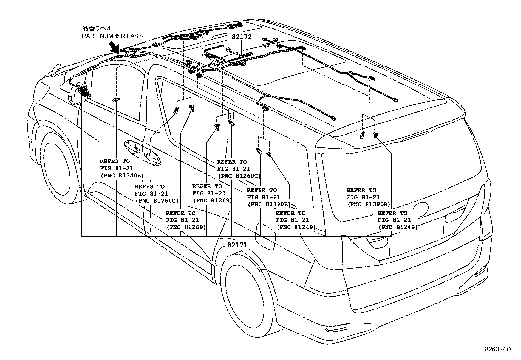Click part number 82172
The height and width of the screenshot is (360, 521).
(x=242, y=37)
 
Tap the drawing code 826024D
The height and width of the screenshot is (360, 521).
(x=497, y=349)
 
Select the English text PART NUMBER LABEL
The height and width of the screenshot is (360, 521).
(x=114, y=36)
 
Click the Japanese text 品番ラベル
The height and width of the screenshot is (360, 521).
(x=97, y=29)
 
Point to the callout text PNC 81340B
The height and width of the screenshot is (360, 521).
(x=121, y=175)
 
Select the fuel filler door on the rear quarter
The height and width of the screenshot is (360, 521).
(x=265, y=234)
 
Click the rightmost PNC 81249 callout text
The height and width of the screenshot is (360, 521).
(x=398, y=227)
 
